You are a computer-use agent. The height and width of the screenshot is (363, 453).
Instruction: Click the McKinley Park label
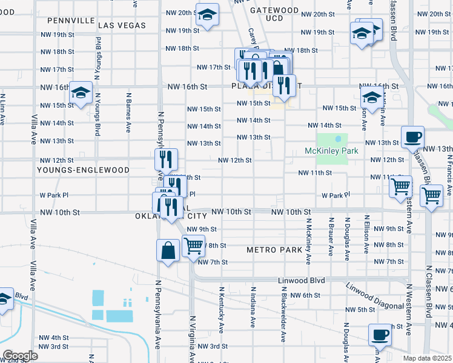[332, 151]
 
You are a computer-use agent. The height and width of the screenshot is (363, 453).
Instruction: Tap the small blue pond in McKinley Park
[338, 140]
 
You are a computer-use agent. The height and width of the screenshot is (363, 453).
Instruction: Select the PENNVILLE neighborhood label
[71, 21]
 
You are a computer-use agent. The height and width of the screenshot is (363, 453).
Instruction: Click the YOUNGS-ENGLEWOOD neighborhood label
[83, 171]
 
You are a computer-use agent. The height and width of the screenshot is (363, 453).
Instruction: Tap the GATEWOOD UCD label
[274, 15]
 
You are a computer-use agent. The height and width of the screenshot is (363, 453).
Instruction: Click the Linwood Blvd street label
[302, 281]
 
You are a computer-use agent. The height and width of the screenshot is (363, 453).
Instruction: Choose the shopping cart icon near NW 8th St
[193, 246]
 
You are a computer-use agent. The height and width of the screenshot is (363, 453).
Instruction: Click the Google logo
[19, 356]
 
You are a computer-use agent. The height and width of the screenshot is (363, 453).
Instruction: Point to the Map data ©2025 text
[428, 358]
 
